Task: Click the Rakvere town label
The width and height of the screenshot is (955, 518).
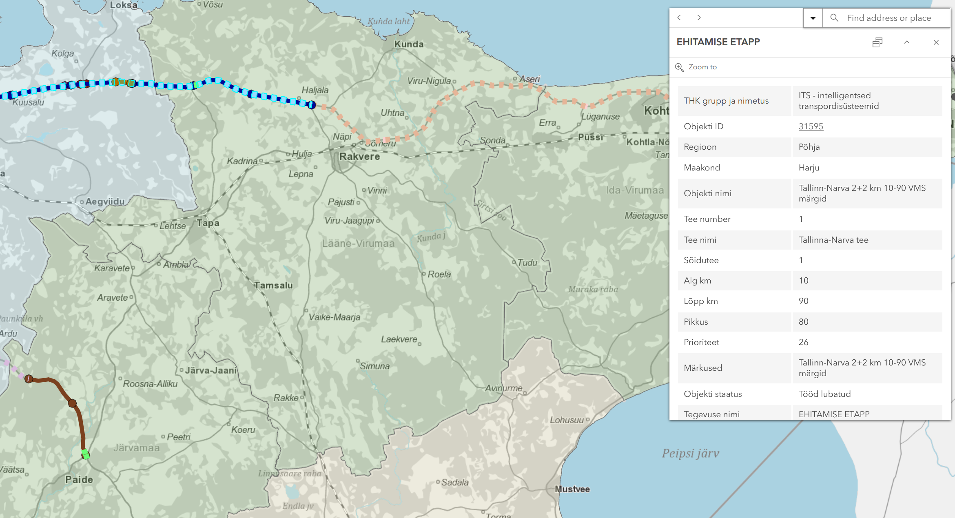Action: pos(359,157)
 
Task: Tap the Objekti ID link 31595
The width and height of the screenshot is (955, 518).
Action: pos(811,126)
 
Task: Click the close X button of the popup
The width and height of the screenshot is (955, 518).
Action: pos(936,42)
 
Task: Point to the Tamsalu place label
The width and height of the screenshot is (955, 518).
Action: pos(273,286)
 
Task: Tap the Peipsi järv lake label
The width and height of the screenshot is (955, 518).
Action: pos(690,453)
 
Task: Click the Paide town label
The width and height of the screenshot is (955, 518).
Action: pos(79,480)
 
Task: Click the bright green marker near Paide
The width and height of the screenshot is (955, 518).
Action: pos(85,454)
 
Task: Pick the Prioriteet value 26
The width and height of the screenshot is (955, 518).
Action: pos(803,342)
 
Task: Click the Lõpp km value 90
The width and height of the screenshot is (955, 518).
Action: pos(803,301)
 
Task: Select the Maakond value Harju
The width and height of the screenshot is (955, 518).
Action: pos(809,168)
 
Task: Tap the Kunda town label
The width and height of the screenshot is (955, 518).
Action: pos(409,44)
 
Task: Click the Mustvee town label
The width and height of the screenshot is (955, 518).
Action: pos(572,489)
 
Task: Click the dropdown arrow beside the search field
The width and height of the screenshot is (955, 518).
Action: pos(813,18)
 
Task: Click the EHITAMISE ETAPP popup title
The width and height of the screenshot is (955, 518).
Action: pos(718,42)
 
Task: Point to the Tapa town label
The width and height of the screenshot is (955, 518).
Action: pos(208,223)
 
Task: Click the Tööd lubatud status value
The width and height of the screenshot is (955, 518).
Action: pos(824,394)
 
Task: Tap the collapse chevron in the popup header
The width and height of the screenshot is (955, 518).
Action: pos(906,42)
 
